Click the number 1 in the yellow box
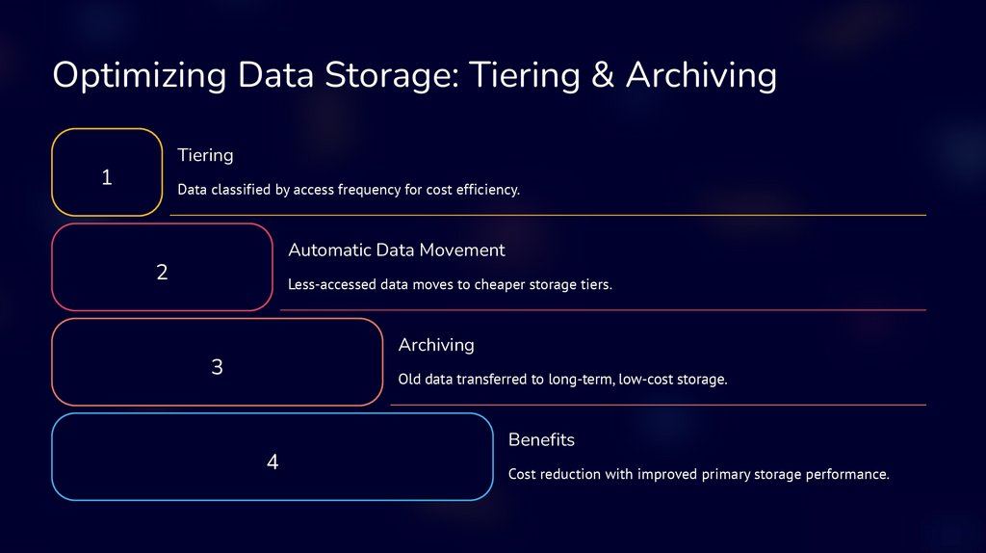click(107, 177)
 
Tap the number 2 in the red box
click(162, 273)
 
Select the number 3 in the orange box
click(217, 367)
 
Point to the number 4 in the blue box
click(272, 462)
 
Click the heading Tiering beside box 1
click(205, 155)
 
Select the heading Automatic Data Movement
click(396, 250)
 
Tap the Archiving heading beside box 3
click(436, 345)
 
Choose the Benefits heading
click(541, 440)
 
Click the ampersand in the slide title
click(603, 75)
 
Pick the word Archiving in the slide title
click(701, 75)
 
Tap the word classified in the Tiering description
click(241, 190)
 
